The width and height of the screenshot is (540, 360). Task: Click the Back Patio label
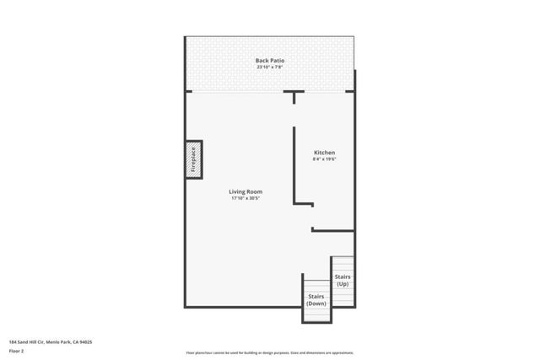(270, 60)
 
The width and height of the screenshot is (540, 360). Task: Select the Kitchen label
(324, 153)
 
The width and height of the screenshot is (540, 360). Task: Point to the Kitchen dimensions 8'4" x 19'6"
(324, 159)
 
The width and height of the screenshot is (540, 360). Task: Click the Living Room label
(246, 191)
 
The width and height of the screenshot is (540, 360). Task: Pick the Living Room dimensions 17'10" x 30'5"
(246, 198)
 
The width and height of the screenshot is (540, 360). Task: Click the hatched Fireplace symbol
(192, 159)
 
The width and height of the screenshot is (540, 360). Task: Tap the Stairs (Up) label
(343, 280)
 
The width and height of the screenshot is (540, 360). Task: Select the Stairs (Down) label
(316, 299)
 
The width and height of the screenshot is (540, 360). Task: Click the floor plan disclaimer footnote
(269, 351)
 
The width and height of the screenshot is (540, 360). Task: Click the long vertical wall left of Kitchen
(294, 164)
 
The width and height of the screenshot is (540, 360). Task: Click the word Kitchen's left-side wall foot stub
(304, 203)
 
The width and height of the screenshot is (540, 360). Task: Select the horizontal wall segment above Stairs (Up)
(332, 229)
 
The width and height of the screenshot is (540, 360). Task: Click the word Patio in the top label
(277, 60)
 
